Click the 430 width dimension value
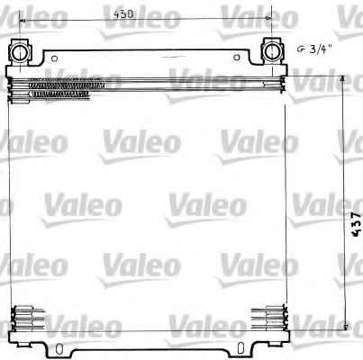pos(123,14)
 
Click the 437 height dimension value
pos(356,224)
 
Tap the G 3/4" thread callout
pos(314,49)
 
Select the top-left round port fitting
pos(20,52)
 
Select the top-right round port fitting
pos(272,51)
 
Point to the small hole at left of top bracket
pos(54,58)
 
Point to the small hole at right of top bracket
pos(237,58)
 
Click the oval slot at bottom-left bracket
pos(59,349)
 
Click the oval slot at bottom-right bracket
pos(240,348)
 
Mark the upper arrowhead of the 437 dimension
pos(342,78)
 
